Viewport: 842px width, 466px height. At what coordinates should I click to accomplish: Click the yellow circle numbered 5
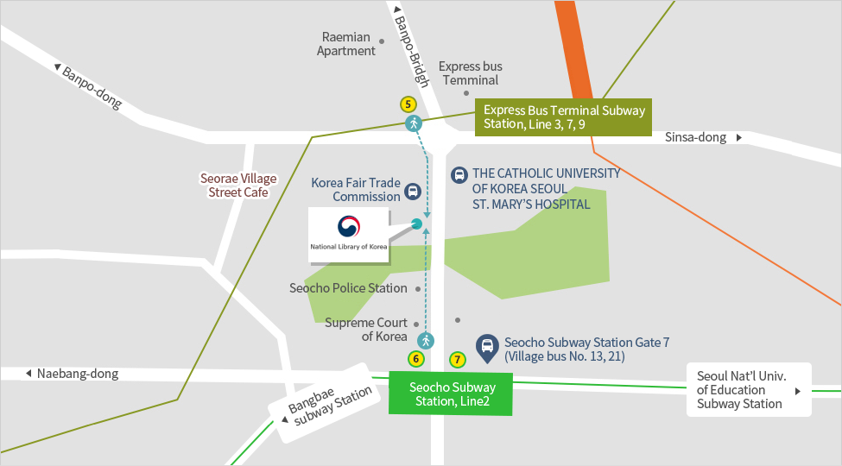[x=408, y=104]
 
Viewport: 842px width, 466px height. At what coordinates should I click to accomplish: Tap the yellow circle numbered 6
[x=416, y=358]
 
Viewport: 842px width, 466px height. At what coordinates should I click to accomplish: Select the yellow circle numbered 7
[x=458, y=358]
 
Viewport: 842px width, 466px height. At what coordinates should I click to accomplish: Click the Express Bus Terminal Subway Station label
[x=563, y=117]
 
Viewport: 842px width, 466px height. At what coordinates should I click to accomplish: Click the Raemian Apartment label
[x=347, y=44]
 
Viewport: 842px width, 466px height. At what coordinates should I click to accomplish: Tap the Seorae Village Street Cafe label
[x=238, y=186]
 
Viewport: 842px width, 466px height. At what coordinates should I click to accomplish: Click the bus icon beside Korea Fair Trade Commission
[x=414, y=191]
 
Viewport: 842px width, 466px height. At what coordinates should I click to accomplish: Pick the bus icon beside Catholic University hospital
[x=459, y=175]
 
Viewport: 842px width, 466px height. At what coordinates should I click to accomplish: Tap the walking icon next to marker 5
[x=414, y=123]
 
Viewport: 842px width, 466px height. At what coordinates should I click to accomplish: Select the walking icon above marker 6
[x=425, y=340]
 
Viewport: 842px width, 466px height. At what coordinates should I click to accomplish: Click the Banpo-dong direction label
[x=89, y=85]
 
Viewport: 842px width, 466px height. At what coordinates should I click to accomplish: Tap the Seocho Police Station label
[x=348, y=288]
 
